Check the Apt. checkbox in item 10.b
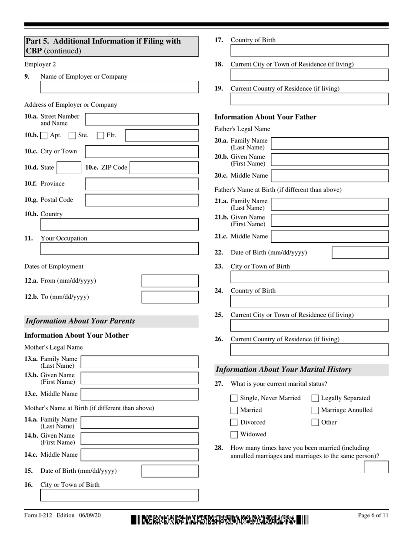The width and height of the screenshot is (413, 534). click(44, 135)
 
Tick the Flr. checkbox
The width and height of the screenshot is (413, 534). click(100, 135)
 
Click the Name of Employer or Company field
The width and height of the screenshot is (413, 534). click(119, 87)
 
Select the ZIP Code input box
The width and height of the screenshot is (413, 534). click(164, 168)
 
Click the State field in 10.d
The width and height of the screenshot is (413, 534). click(68, 168)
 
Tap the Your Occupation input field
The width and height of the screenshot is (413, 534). click(119, 249)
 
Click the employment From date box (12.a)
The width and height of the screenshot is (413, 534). click(170, 281)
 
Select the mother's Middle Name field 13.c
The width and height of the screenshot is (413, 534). click(140, 394)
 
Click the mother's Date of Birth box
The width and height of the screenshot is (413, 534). click(170, 471)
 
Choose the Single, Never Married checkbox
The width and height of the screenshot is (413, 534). click(234, 398)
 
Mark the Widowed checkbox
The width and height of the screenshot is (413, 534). click(234, 435)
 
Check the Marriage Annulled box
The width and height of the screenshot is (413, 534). click(315, 410)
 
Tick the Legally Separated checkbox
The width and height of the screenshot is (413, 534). click(315, 398)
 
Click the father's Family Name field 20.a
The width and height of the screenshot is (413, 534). click(330, 144)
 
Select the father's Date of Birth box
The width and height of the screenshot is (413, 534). click(360, 253)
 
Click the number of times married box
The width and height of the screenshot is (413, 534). click(376, 467)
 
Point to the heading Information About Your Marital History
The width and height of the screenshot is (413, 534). click(283, 370)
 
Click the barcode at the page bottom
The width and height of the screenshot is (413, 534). click(220, 519)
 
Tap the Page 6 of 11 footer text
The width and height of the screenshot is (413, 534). click(373, 515)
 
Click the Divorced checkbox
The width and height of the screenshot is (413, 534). click(234, 422)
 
